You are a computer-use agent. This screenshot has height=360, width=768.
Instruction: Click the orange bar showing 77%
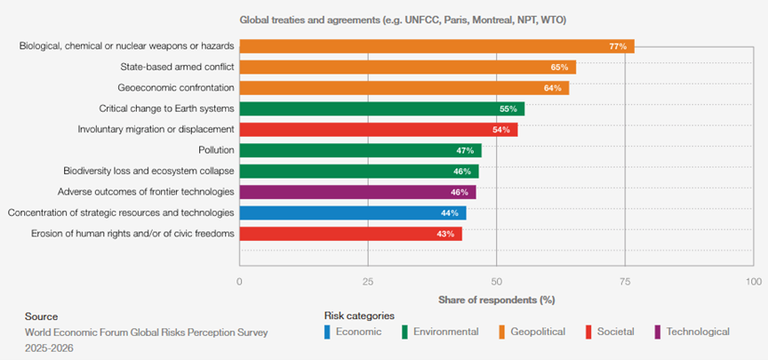click(x=437, y=46)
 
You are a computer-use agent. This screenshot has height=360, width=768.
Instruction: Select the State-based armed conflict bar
click(x=407, y=67)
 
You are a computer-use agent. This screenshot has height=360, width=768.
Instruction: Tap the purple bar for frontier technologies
click(x=357, y=192)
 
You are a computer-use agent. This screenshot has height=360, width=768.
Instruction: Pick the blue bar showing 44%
click(x=353, y=213)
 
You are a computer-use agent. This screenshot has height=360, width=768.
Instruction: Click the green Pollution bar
click(x=361, y=150)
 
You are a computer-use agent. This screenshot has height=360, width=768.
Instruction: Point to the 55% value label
click(x=508, y=109)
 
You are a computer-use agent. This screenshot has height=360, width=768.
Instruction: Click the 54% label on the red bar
click(x=501, y=130)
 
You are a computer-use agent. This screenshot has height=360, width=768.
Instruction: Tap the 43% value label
click(x=445, y=234)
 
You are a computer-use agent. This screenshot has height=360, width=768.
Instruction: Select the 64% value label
click(x=553, y=88)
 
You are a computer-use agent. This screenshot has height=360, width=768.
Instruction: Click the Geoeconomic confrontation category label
click(x=176, y=88)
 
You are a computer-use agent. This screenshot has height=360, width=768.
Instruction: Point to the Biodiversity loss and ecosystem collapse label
click(x=149, y=171)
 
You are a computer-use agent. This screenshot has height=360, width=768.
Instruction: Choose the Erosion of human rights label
click(x=132, y=234)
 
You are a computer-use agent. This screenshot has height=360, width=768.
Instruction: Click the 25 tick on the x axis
click(x=368, y=282)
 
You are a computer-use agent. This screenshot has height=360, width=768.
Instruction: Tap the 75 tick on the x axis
click(x=625, y=282)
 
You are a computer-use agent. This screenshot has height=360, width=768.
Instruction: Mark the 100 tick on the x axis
click(x=754, y=282)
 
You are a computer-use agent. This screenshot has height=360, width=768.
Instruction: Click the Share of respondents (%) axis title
click(x=497, y=300)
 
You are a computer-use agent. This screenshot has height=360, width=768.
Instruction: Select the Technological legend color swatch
click(x=657, y=332)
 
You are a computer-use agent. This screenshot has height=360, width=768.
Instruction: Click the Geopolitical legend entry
click(x=534, y=332)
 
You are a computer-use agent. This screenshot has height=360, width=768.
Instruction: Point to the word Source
click(x=41, y=316)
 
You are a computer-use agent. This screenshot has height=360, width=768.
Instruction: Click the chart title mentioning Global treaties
click(x=403, y=20)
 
